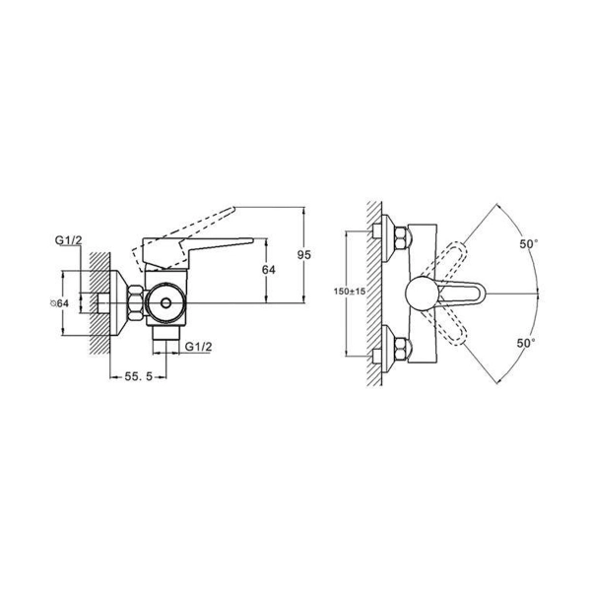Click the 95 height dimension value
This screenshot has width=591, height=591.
click(x=304, y=255)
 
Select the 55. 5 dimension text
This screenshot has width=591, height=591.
click(x=138, y=376)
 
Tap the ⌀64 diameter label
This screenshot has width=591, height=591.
click(x=59, y=303)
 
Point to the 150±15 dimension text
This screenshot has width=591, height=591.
click(x=350, y=292)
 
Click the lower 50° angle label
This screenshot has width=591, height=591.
click(x=526, y=343)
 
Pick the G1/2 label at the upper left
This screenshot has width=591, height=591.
click(x=68, y=239)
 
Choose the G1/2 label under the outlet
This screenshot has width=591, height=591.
click(x=198, y=347)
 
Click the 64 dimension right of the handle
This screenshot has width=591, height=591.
click(x=269, y=270)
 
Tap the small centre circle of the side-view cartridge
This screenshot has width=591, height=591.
click(x=165, y=303)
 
